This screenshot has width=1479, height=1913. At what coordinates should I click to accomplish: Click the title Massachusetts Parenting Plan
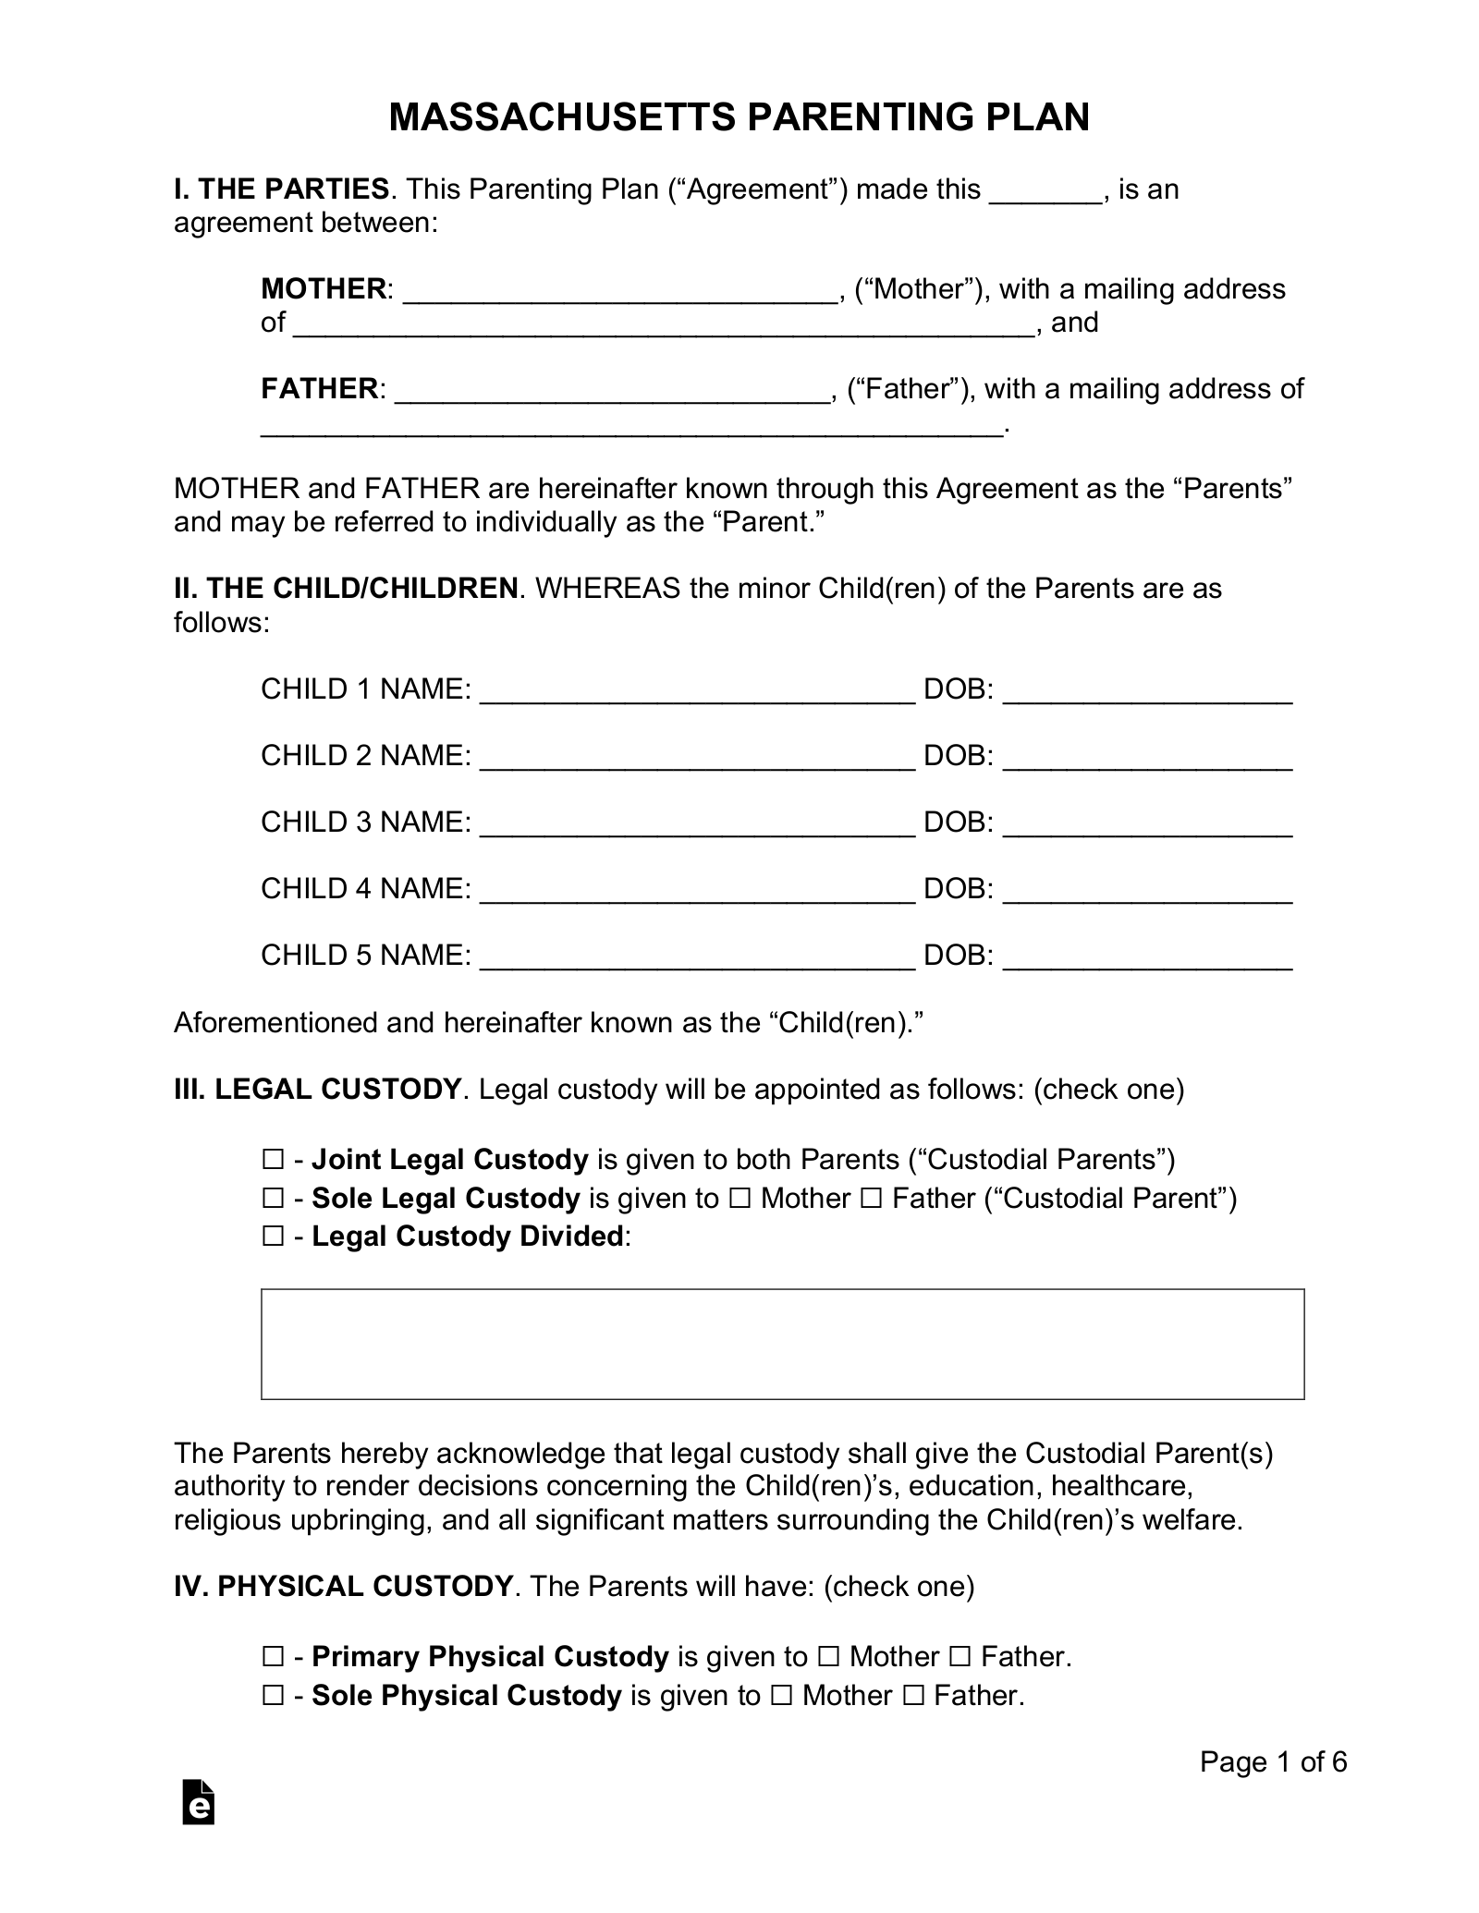click(739, 117)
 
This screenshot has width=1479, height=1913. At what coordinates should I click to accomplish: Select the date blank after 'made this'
click(1045, 191)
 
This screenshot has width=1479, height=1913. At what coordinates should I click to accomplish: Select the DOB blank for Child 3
click(1146, 824)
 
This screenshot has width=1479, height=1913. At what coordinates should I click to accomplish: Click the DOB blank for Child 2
click(1146, 758)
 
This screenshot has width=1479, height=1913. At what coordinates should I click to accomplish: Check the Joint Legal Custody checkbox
click(273, 1160)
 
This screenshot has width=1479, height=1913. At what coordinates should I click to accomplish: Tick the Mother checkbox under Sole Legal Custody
click(739, 1199)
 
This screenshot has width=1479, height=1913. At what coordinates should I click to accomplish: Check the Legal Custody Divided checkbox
click(273, 1237)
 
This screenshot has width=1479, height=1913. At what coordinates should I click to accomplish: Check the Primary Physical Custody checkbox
click(273, 1657)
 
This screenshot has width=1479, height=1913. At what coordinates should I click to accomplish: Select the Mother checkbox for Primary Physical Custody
click(828, 1657)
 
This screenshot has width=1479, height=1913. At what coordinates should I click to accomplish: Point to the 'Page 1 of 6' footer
click(1273, 1762)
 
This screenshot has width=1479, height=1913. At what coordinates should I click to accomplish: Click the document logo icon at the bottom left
click(199, 1801)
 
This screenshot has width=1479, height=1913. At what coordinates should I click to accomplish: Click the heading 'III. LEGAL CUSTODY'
click(317, 1090)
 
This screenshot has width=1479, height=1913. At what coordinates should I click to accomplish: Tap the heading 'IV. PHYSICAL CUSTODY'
click(343, 1587)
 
